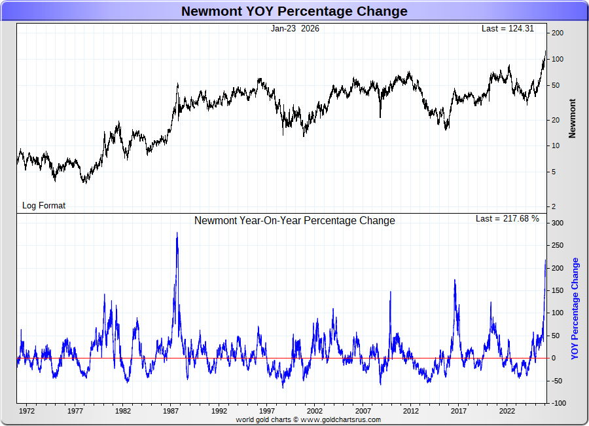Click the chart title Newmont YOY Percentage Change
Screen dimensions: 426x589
[x=294, y=11]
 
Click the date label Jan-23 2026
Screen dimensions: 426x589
[x=294, y=28]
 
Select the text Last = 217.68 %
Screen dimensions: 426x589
[x=507, y=218]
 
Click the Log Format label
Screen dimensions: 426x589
[x=44, y=205]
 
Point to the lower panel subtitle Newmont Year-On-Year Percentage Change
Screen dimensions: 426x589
[x=294, y=220]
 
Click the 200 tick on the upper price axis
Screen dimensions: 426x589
[x=558, y=33]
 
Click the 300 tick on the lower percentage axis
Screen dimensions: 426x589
[x=557, y=223]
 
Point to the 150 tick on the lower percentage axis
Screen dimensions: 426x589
[x=557, y=291]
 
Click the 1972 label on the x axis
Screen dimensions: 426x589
[x=27, y=412]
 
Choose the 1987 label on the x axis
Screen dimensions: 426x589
[x=171, y=412]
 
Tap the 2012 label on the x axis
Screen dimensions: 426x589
[x=411, y=412]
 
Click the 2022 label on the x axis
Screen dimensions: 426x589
[x=507, y=412]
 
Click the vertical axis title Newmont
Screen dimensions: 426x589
[x=573, y=118]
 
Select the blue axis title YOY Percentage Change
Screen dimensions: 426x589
[x=575, y=308]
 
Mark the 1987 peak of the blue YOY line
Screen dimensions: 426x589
[x=177, y=233]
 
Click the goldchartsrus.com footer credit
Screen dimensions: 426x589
[x=308, y=419]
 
